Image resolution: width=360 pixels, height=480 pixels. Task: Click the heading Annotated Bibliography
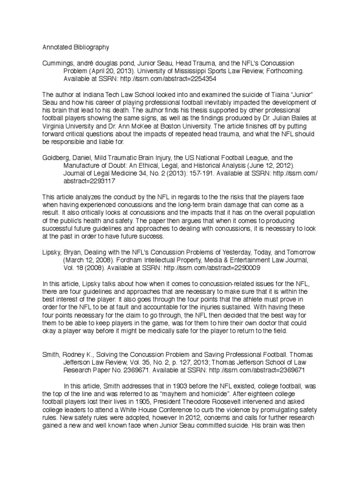(75, 47)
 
